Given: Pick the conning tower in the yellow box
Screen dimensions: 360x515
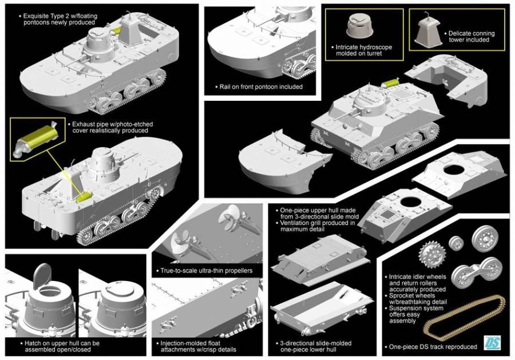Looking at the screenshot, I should tap(430, 26).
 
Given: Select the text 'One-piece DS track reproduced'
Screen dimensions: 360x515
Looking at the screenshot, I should tap(433, 347).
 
